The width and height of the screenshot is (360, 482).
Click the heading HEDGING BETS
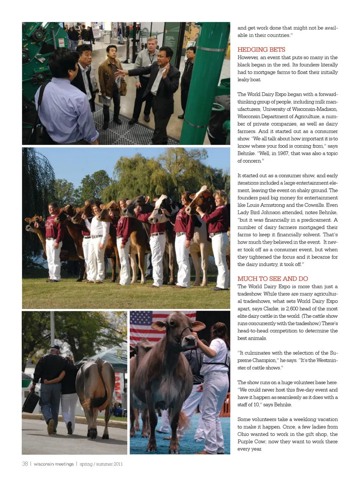point(261,50)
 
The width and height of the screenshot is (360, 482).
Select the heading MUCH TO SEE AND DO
point(273,279)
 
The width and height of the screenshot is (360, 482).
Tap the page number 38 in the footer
point(25,464)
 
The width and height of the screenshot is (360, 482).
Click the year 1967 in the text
point(283,153)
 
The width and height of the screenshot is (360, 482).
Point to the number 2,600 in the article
point(294,309)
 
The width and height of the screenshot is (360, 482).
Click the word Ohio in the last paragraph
point(244,434)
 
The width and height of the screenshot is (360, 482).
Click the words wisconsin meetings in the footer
point(54,464)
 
